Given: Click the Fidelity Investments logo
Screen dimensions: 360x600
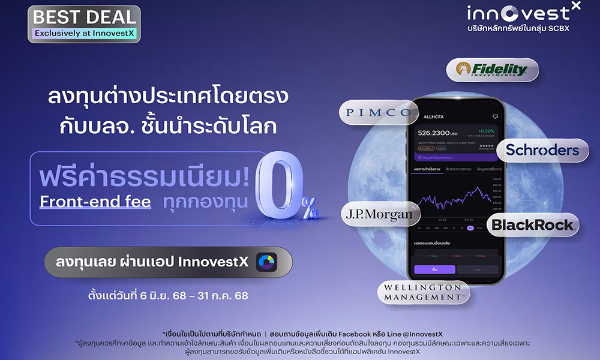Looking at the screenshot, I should [x=492, y=69].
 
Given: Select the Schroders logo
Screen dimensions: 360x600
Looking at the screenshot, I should [x=542, y=150].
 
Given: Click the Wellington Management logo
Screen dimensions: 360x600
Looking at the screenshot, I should [x=423, y=293].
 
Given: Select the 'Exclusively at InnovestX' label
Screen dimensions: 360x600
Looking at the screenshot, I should [x=84, y=34].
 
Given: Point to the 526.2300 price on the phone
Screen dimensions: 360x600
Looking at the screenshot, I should [x=439, y=133].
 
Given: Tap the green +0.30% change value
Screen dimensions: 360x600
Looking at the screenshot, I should [x=485, y=130].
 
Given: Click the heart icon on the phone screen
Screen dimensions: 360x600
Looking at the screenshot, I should [x=495, y=116].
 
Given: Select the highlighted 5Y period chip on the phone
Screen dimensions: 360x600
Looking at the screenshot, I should [x=470, y=228].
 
